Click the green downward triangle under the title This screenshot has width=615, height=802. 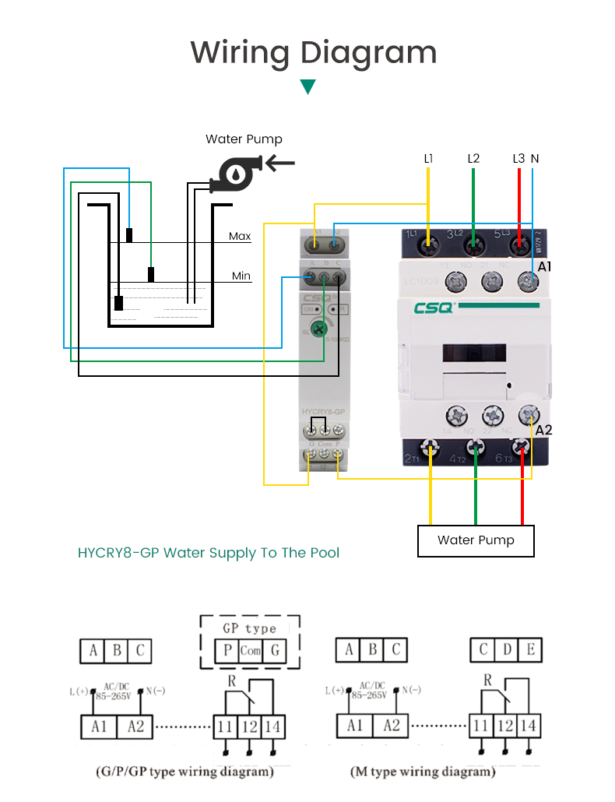(x=307, y=86)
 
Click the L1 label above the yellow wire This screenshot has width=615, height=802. (x=428, y=158)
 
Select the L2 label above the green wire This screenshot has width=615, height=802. (x=473, y=158)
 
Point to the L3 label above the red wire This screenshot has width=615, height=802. (x=518, y=158)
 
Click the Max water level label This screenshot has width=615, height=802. (x=240, y=236)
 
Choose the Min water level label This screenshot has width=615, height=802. (x=241, y=276)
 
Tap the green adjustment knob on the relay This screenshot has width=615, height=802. (x=318, y=329)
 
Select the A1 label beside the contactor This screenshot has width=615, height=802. (x=545, y=266)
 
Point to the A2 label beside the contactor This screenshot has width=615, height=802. (x=543, y=430)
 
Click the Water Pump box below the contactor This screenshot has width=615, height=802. (x=476, y=540)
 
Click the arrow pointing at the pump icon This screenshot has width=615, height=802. (x=280, y=164)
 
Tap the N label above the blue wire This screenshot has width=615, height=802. (x=535, y=158)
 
